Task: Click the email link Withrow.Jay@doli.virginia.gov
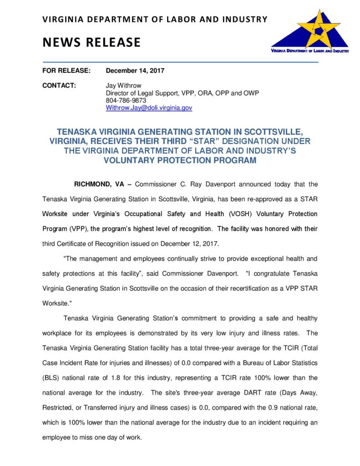point(149,108)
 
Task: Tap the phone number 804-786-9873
point(126,101)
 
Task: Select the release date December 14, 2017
point(135,71)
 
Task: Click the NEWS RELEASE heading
point(91,42)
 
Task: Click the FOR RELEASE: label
point(66,71)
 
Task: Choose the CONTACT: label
point(59,86)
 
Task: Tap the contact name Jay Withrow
point(123,86)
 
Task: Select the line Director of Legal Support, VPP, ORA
point(182,93)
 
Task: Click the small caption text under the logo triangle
point(309,51)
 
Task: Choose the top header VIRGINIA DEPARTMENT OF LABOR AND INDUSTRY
point(155,19)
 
